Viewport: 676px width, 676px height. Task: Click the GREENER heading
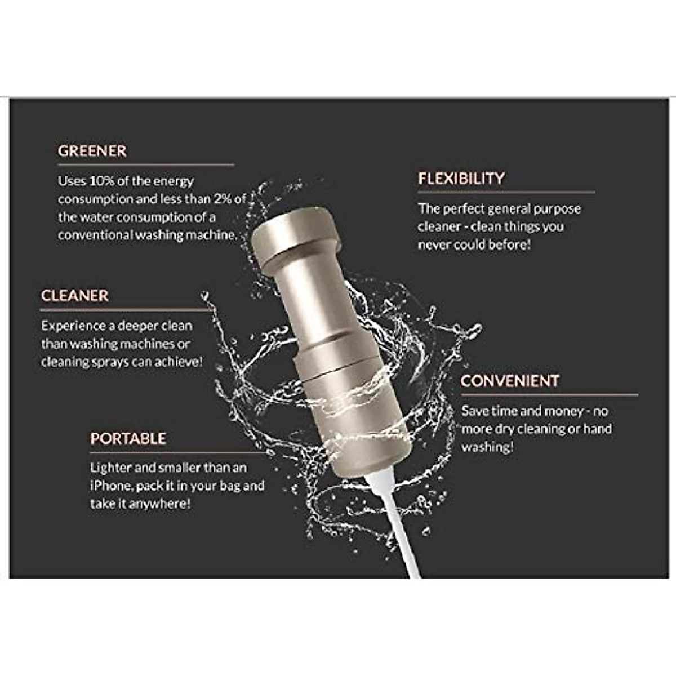tap(92, 151)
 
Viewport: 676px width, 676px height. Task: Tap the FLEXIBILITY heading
tap(461, 179)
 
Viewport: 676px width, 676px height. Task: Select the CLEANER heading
tap(74, 296)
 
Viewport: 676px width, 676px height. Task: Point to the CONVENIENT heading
tap(509, 381)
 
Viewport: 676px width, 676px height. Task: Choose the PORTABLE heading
tap(128, 439)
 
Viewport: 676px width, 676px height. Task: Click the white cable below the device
tap(394, 530)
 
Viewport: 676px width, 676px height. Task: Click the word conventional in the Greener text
tap(95, 235)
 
